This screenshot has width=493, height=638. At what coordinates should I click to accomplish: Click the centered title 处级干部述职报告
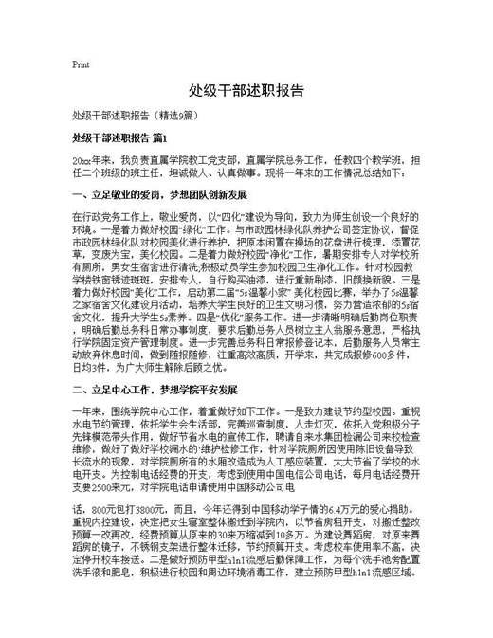click(x=246, y=92)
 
